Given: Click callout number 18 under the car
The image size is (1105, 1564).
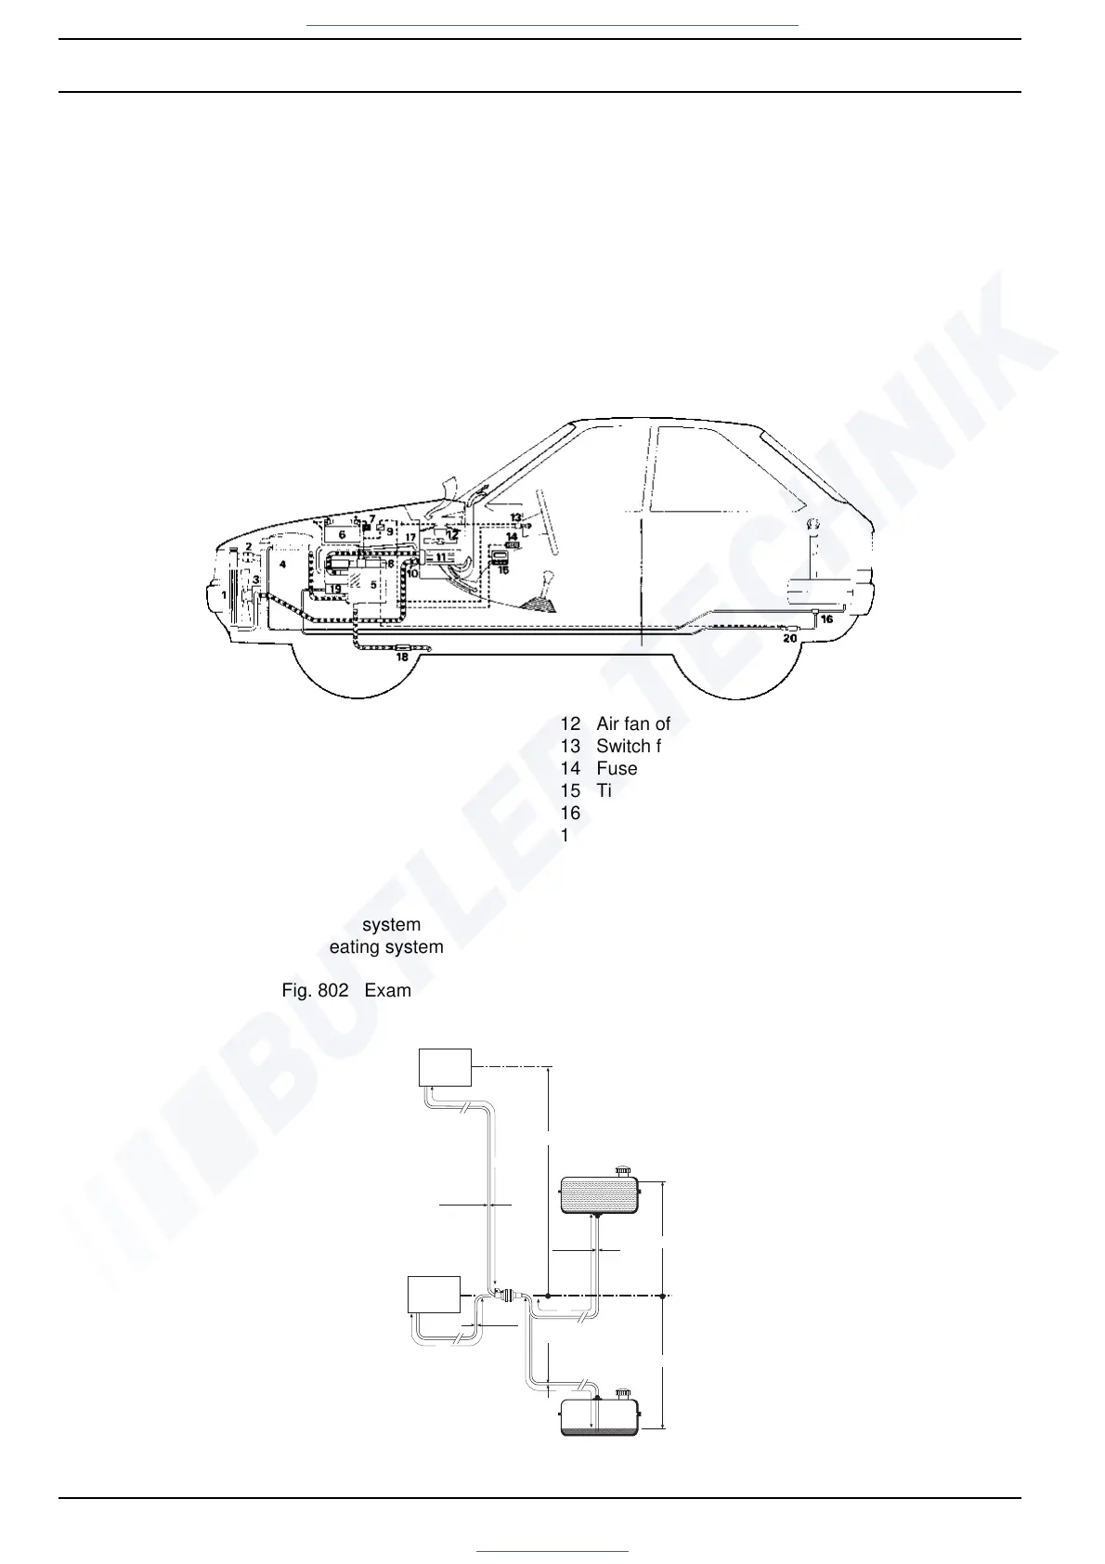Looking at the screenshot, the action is [402, 658].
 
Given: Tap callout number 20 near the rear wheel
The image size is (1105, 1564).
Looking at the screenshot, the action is [789, 638].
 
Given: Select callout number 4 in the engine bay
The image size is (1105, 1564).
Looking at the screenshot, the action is [282, 565].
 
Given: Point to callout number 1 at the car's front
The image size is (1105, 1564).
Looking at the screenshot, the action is [223, 594].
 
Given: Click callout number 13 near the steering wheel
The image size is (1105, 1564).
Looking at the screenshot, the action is [515, 517].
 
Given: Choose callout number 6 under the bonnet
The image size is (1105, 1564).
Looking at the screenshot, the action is [342, 534].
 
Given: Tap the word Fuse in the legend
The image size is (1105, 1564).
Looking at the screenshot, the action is [617, 769].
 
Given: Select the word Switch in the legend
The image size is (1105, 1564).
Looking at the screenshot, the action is [624, 747].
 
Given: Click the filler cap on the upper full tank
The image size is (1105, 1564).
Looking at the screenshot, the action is [623, 1170].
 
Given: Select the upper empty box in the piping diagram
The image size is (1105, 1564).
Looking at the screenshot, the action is [446, 1066].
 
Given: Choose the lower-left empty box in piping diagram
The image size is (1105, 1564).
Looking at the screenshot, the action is [435, 1294].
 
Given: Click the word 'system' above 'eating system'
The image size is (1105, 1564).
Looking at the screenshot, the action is [391, 925].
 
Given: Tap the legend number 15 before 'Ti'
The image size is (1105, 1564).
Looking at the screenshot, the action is [570, 791].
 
